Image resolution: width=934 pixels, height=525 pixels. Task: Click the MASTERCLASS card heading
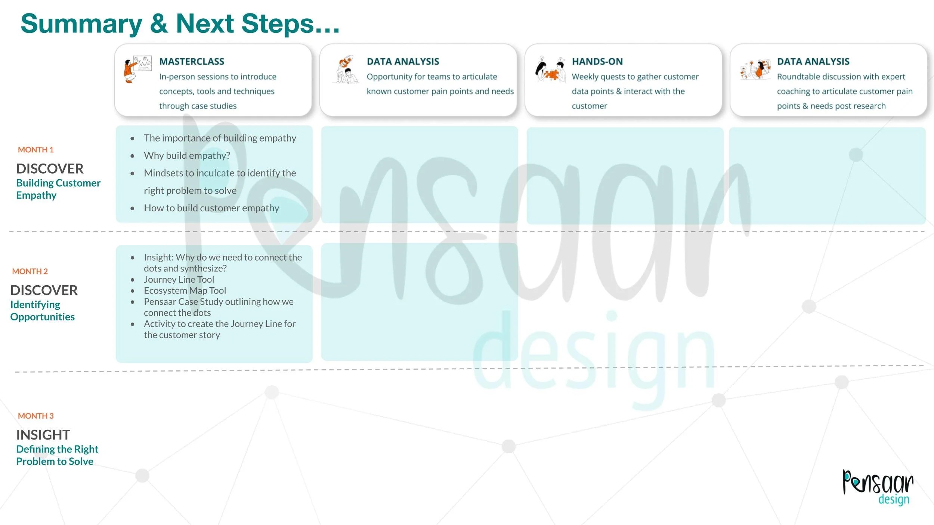pos(192,61)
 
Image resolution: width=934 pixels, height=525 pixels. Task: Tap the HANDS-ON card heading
pos(597,61)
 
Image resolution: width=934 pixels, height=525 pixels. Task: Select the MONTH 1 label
pos(36,150)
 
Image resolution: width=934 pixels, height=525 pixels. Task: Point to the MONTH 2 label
pos(30,271)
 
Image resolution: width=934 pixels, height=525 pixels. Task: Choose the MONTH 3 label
pos(36,416)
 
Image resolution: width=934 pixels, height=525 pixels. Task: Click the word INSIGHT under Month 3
pos(43,435)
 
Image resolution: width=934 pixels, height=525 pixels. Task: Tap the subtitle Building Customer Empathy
pos(58,189)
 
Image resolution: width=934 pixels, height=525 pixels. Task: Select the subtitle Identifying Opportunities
pos(42,311)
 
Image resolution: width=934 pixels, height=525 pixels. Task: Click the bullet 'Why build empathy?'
pos(187,155)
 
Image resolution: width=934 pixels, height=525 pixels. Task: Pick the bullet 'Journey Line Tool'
pos(179,279)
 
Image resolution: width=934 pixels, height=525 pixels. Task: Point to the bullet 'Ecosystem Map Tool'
pos(185,291)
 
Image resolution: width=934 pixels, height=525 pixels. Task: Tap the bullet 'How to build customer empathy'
pos(211,208)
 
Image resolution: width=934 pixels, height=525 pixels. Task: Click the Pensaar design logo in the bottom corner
pos(878,487)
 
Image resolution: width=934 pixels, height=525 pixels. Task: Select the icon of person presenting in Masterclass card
pos(137,69)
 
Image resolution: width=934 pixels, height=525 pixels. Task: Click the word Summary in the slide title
pos(81,24)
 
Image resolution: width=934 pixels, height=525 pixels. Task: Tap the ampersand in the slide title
pos(159,24)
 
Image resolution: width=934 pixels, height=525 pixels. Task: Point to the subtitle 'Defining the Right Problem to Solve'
pos(57,455)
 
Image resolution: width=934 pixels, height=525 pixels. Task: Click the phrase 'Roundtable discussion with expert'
pos(841,77)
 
